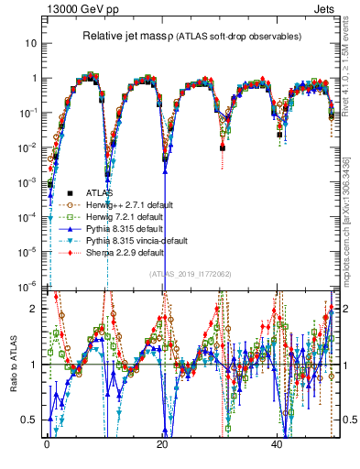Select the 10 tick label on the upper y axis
click(x=31, y=43)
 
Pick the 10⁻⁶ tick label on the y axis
click(x=27, y=284)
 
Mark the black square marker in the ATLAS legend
click(x=71, y=193)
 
